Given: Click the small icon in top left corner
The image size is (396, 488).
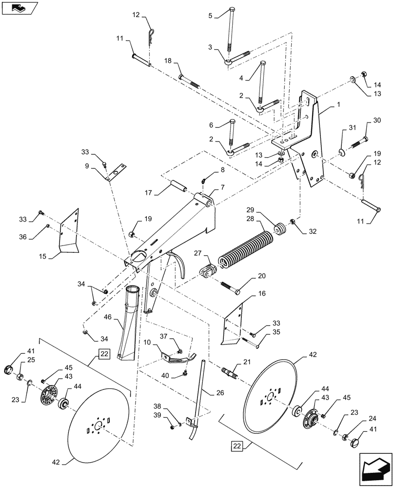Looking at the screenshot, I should point(19,7).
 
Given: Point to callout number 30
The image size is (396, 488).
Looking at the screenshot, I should point(377,121).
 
